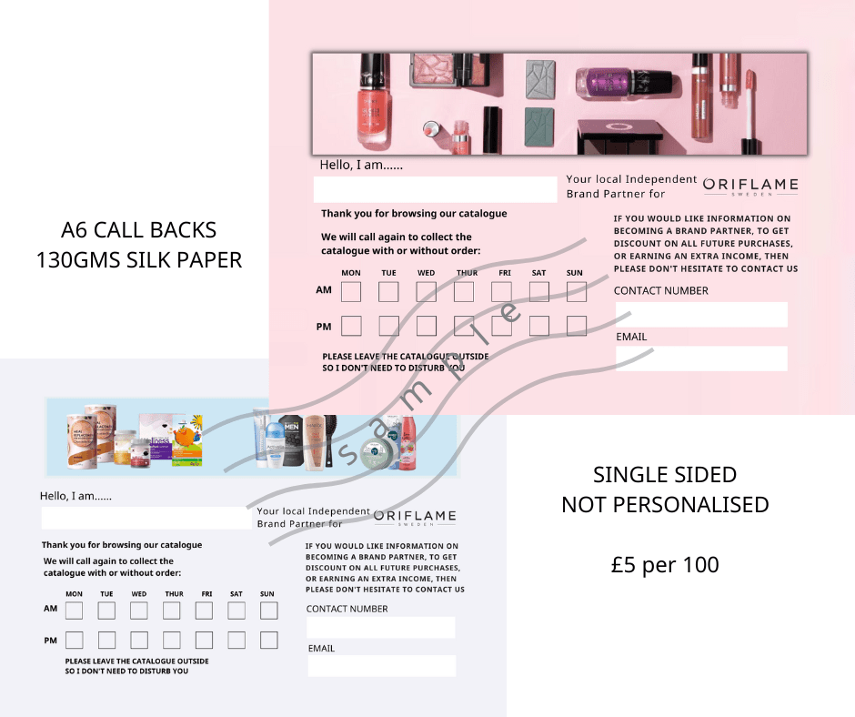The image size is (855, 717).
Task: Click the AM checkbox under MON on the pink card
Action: pyautogui.click(x=350, y=291)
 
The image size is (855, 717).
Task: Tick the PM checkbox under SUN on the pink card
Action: pyautogui.click(x=577, y=326)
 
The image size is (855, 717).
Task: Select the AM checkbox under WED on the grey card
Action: pyautogui.click(x=139, y=610)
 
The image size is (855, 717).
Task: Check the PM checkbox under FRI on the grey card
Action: pyautogui.click(x=204, y=640)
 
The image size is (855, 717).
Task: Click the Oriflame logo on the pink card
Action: pyautogui.click(x=750, y=186)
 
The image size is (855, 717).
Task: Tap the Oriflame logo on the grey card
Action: pyautogui.click(x=415, y=518)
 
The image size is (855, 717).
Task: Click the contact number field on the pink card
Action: pyautogui.click(x=701, y=314)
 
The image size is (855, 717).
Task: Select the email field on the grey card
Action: pyautogui.click(x=382, y=666)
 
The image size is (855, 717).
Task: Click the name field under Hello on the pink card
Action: pyautogui.click(x=435, y=189)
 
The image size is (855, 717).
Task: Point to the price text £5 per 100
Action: pyautogui.click(x=665, y=565)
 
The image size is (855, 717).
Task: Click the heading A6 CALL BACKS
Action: pyautogui.click(x=138, y=230)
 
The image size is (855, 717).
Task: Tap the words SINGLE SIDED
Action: pyautogui.click(x=665, y=475)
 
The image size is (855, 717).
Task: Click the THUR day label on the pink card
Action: pyautogui.click(x=467, y=273)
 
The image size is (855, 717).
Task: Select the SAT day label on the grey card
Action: pyautogui.click(x=236, y=593)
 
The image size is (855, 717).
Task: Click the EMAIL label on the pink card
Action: pyautogui.click(x=631, y=337)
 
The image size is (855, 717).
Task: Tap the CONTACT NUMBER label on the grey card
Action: pyautogui.click(x=347, y=609)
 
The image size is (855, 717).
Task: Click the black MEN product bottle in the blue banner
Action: pyautogui.click(x=291, y=441)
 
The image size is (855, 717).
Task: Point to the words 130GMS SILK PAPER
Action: pyautogui.click(x=138, y=260)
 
